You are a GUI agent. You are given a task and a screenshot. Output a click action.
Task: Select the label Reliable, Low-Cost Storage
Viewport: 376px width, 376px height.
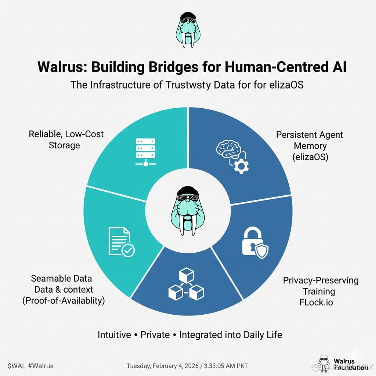pos(66,140)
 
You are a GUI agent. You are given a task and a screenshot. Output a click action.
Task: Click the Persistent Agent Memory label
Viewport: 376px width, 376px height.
pos(310,145)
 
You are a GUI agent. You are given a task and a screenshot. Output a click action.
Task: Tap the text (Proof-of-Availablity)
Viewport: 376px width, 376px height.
pos(64,300)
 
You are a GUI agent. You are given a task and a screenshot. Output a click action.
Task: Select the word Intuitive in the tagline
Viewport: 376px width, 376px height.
pos(114,335)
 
